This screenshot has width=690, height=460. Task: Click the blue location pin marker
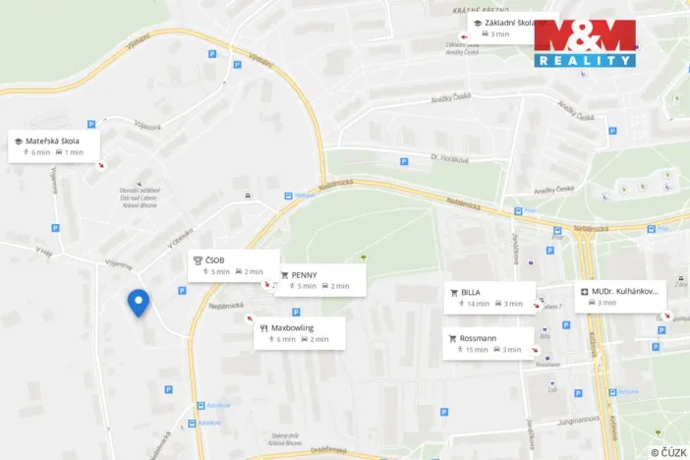point(139,303)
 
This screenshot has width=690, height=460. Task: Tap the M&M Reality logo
point(584,42)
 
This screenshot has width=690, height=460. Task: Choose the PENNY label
point(305,275)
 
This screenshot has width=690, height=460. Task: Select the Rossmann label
point(479,338)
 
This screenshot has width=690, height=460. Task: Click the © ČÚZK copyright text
point(668,451)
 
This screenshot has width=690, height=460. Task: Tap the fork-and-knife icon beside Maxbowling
point(263,326)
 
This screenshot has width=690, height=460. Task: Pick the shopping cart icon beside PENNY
point(285,275)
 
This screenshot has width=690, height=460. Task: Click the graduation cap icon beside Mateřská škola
point(19,142)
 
